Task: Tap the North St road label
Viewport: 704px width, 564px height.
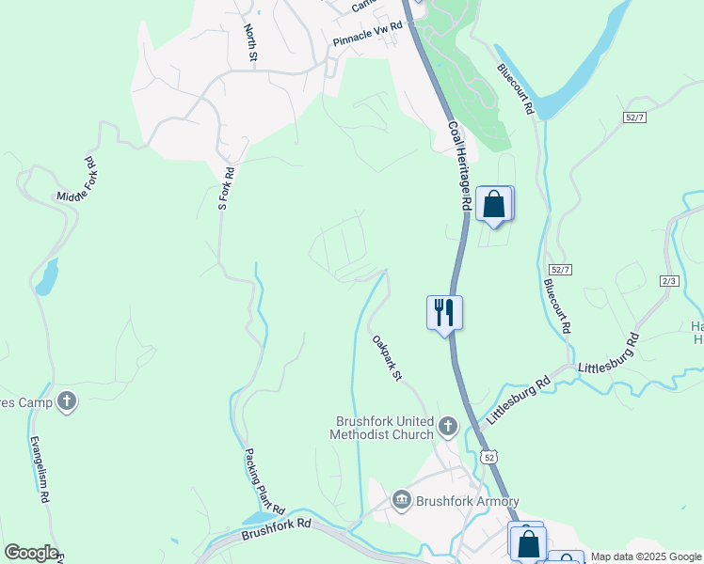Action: click(x=250, y=44)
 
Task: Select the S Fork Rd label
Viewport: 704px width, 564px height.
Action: click(x=225, y=188)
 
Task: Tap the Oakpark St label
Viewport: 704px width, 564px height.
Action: click(x=387, y=358)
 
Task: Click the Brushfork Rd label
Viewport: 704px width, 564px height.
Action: click(x=276, y=528)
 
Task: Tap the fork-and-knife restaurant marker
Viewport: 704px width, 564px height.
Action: click(x=444, y=312)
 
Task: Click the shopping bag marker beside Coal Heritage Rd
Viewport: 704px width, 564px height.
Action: click(x=494, y=203)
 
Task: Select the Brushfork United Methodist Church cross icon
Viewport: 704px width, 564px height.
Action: click(x=447, y=428)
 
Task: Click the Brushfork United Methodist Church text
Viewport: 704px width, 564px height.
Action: click(x=382, y=428)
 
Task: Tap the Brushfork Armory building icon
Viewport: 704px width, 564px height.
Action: click(x=402, y=499)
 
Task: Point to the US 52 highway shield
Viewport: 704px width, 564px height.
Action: click(x=488, y=457)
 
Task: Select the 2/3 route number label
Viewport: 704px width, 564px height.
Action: click(x=670, y=280)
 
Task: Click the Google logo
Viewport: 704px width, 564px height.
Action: click(x=31, y=553)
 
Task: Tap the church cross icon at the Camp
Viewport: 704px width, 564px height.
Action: click(x=67, y=401)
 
